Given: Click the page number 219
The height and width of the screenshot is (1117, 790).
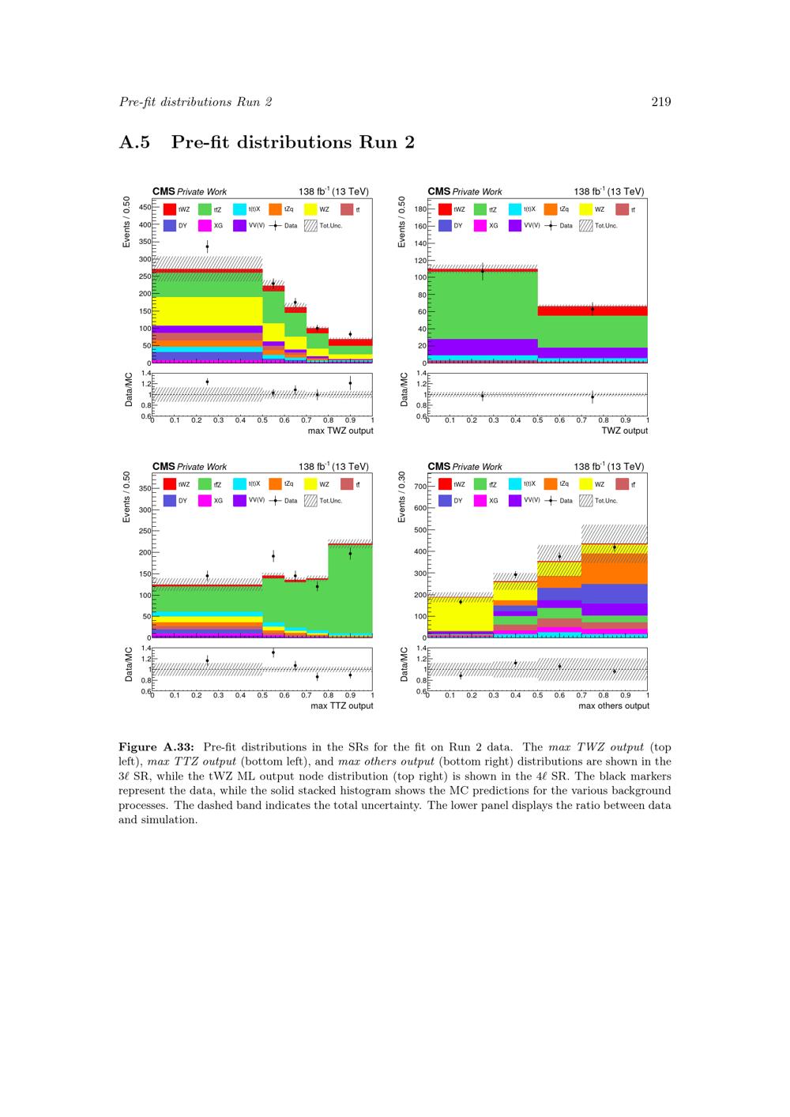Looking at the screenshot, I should pos(661,102).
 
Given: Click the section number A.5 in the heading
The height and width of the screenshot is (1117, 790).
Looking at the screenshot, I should pos(134,143).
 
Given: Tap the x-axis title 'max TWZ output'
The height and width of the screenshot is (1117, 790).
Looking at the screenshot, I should pos(340,431).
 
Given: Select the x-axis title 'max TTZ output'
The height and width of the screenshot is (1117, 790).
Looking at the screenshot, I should pos(341,705).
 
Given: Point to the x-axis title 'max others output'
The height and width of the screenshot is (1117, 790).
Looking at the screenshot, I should pos(613,705).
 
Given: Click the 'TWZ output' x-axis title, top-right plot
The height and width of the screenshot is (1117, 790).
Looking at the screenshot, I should pos(624,431).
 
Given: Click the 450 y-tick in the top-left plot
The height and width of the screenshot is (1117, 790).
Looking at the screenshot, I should pos(145,207).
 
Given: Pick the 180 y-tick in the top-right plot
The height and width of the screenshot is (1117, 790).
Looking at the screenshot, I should pos(420,209).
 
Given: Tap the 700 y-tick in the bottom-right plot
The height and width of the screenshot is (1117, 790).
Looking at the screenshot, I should pos(420,487).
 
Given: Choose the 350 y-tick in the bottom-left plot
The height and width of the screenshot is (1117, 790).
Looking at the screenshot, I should pos(145,489).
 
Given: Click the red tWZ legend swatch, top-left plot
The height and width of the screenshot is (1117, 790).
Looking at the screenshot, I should pos(170,209).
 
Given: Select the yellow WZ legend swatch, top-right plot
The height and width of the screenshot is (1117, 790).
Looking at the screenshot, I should pos(585,209).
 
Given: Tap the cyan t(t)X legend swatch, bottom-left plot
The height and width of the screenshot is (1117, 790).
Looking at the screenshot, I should pos(239,484).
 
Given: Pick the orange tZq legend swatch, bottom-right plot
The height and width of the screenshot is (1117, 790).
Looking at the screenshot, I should pos(551,484).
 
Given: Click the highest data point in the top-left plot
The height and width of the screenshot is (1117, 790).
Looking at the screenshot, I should pos(207,246).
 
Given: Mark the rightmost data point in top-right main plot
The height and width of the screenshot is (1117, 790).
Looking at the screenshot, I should pos(592,309).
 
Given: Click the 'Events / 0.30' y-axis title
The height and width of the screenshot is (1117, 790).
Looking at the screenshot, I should pos(402,497).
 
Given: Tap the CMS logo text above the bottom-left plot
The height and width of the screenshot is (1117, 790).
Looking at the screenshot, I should pos(164,467).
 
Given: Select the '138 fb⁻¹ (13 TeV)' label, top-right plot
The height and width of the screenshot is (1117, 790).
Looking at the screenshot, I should pos(608,191).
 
